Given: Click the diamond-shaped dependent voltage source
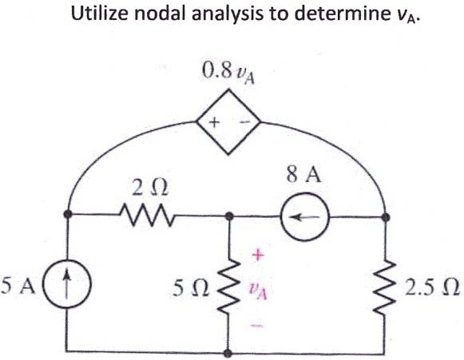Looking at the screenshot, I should click(x=229, y=123).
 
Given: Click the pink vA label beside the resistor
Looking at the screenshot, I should click(x=258, y=289).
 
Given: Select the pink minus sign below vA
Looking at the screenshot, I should click(x=257, y=325).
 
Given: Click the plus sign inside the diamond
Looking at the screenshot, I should click(x=215, y=123).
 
